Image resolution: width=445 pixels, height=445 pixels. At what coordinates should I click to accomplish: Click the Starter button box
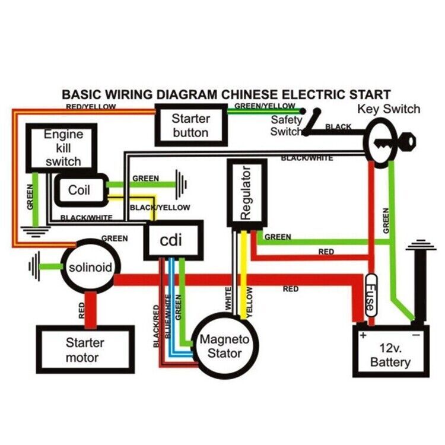191,125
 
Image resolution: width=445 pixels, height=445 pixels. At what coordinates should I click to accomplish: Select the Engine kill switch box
62,147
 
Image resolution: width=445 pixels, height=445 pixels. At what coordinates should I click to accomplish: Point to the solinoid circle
90,268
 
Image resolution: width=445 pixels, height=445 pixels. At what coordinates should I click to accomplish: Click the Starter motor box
85,350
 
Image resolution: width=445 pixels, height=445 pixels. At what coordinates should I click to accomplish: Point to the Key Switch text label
389,109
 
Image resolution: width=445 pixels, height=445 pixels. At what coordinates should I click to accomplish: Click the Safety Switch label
286,126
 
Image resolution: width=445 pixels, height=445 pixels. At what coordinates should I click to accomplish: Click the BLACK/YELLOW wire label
160,208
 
